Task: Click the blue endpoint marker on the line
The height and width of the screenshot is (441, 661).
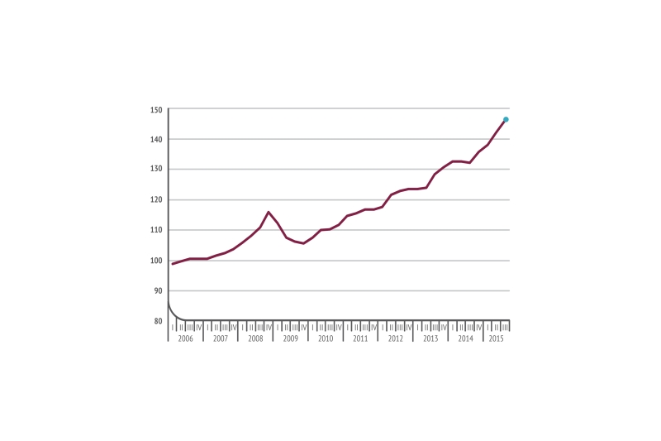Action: coord(506,120)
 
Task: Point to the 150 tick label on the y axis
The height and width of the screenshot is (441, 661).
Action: coord(156,109)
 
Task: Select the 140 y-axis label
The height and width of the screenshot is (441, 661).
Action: coord(156,139)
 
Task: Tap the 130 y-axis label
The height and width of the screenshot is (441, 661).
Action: coord(156,170)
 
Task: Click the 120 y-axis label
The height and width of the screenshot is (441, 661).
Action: coord(156,200)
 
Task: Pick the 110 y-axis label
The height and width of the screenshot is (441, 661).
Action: coord(156,230)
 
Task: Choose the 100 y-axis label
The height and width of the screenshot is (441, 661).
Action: coord(156,261)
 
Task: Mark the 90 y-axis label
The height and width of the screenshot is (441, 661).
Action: coord(156,290)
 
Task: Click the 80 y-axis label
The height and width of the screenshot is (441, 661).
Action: coord(156,321)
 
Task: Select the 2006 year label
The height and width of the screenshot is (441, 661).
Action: coord(186,339)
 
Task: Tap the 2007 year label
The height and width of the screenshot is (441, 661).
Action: coord(221,339)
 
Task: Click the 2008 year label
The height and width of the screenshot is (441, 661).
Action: coord(255,339)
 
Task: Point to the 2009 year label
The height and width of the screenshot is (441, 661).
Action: coord(291,339)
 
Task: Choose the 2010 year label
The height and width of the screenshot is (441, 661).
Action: coord(326,339)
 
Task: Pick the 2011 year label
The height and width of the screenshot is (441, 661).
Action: coord(360,339)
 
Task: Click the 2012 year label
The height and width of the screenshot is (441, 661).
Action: coord(395,339)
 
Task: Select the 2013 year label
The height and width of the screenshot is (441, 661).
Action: coord(430,339)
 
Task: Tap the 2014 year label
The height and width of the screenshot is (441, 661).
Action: coord(465,339)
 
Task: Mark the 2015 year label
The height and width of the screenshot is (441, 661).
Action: coord(496,339)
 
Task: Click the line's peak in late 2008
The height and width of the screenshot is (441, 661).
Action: coord(269,212)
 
